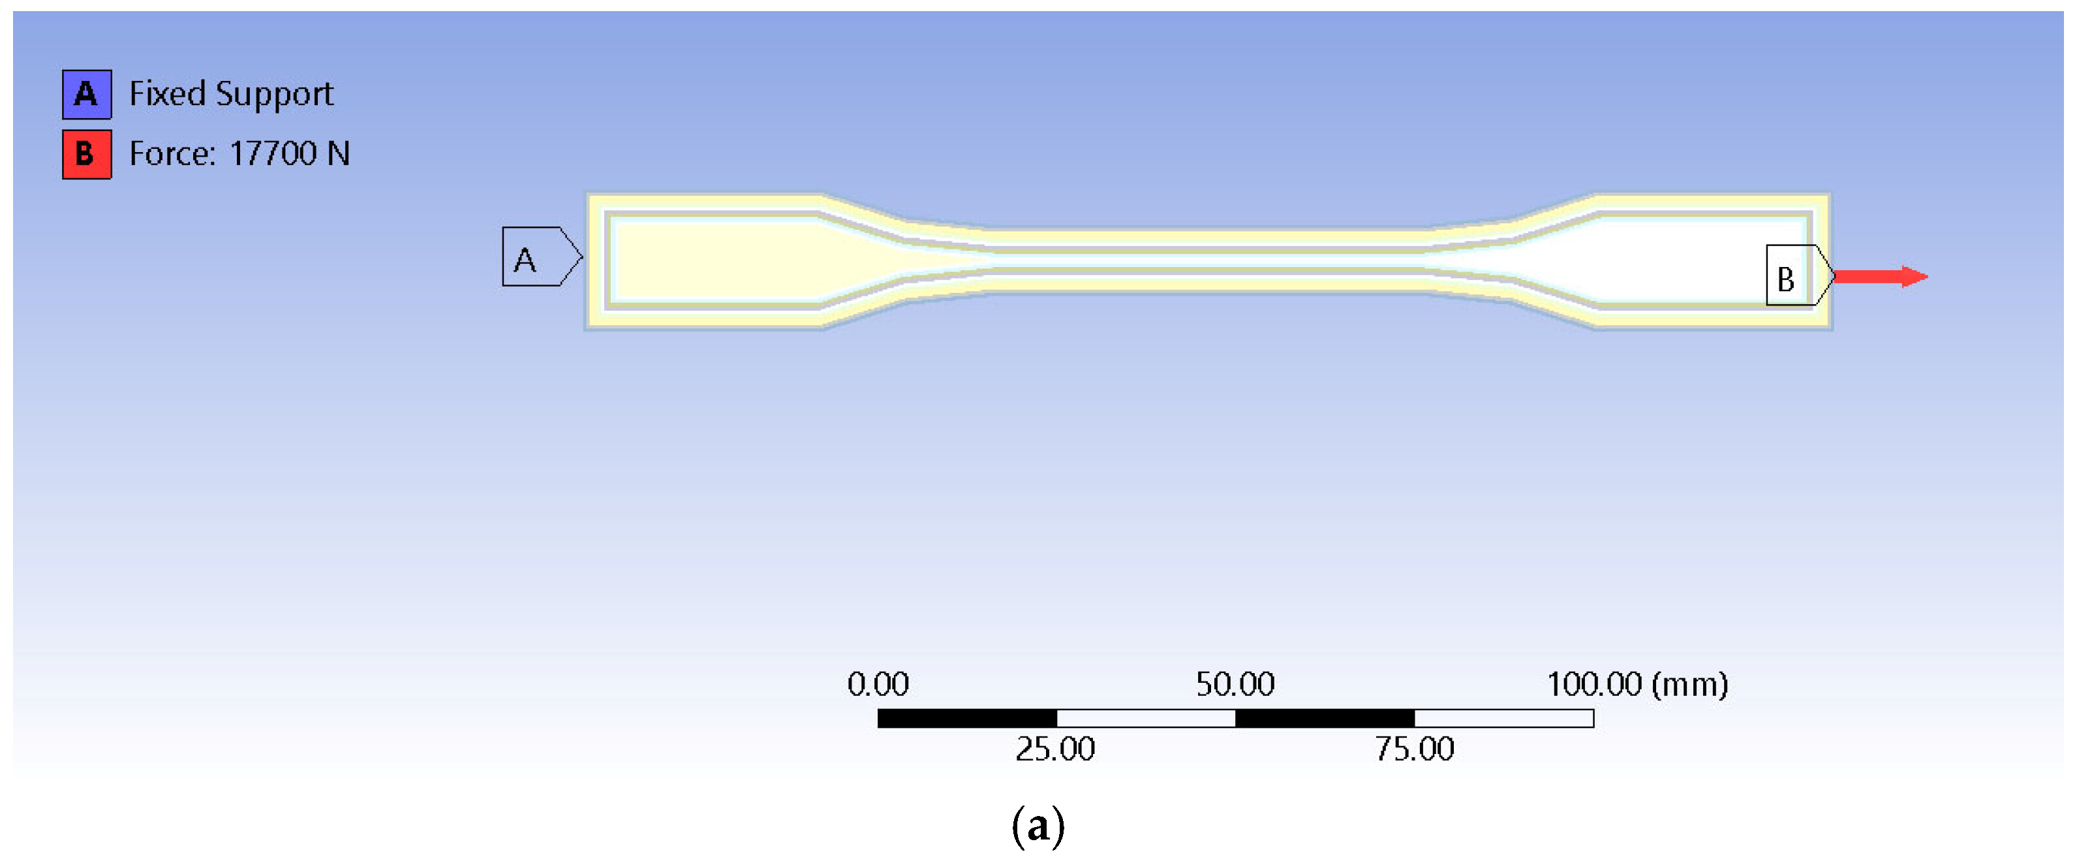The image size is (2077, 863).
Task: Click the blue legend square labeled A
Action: click(x=87, y=95)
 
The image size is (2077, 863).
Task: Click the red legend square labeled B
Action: click(x=87, y=154)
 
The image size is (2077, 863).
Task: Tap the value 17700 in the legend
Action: click(x=273, y=153)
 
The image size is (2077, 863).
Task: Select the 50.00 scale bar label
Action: click(x=1235, y=684)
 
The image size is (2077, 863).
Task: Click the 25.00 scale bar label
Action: click(x=1054, y=749)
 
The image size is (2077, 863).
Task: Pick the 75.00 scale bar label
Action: click(x=1414, y=749)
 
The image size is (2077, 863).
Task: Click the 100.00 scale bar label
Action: click(x=1593, y=684)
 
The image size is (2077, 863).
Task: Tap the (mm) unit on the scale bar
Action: click(x=1689, y=684)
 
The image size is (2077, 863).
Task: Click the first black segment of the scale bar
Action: click(x=967, y=718)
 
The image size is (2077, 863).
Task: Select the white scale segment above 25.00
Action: click(x=1145, y=718)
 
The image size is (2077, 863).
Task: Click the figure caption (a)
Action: click(x=1038, y=825)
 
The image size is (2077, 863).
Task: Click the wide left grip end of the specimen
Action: click(x=709, y=260)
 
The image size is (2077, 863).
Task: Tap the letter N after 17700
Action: click(x=338, y=153)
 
